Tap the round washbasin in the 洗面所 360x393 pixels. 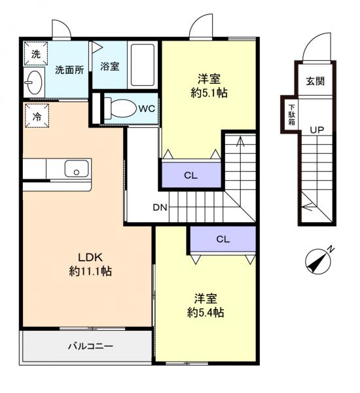pyautogui.click(x=34, y=83)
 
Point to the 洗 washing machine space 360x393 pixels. pyautogui.click(x=35, y=54)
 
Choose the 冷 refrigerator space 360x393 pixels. pyautogui.click(x=35, y=117)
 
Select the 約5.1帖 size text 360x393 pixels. pyautogui.click(x=208, y=92)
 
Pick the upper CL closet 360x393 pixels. pyautogui.click(x=190, y=176)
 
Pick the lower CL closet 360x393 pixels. pyautogui.click(x=223, y=239)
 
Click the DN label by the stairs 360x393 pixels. pyautogui.click(x=160, y=208)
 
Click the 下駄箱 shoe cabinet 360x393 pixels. pyautogui.click(x=291, y=115)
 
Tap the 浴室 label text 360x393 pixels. pyautogui.click(x=109, y=66)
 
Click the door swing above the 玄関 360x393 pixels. pyautogui.click(x=312, y=50)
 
